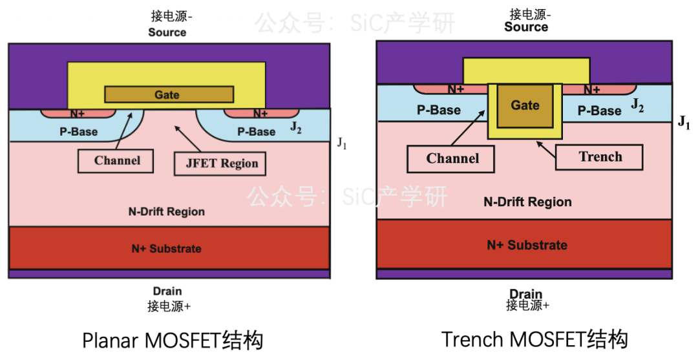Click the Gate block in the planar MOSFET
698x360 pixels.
pos(169,94)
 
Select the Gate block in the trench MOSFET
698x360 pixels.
pos(525,105)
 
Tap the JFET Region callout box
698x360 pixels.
pos(220,164)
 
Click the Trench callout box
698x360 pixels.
pos(599,157)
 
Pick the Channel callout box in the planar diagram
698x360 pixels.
pos(116,161)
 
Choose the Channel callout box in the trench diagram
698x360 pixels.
pos(451,159)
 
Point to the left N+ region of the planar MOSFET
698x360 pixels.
pos(78,114)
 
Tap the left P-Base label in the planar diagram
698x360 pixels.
pos(78,132)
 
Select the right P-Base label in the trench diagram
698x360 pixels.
pos(599,111)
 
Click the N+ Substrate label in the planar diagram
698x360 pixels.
pos(167,249)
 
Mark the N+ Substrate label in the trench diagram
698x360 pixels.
pos(527,245)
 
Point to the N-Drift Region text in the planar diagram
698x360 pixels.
pos(167,212)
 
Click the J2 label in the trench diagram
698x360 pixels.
pos(637,105)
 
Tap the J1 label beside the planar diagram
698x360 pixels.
pos(341,143)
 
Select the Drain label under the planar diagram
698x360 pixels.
pos(167,291)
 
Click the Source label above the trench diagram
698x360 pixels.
pos(526,27)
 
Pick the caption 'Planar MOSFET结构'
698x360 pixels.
pos(173,341)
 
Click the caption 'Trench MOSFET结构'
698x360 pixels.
pos(534,339)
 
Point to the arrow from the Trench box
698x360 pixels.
pos(545,150)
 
